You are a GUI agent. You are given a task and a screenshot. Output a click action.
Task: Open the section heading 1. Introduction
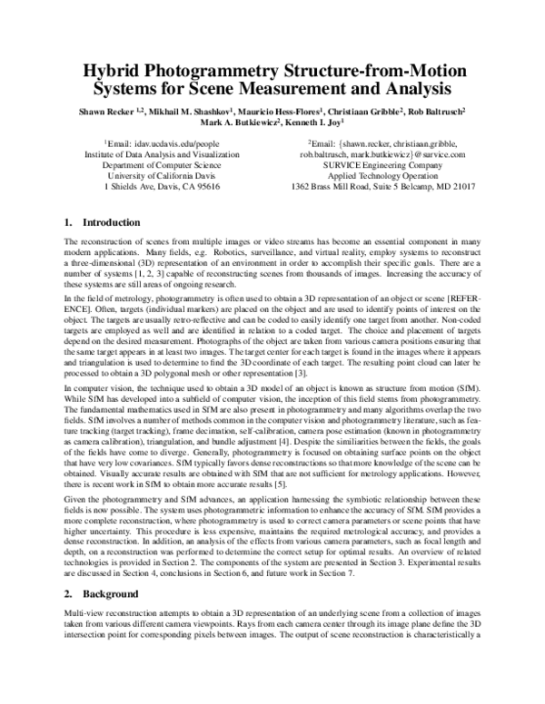click(102, 222)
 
